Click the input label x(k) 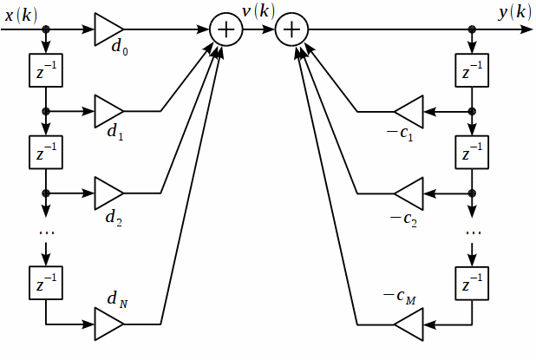(x=21, y=14)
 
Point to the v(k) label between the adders (x=258, y=11)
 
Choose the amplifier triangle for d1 (x=108, y=111)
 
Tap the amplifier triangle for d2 (x=108, y=193)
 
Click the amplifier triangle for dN (x=108, y=324)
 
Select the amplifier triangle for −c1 (x=409, y=111)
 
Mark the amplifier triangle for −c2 (x=409, y=193)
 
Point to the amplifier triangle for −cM (x=409, y=324)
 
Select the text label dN (x=117, y=299)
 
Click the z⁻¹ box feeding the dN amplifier (x=45, y=284)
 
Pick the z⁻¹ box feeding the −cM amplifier (x=472, y=284)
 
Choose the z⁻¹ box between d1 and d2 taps (x=45, y=153)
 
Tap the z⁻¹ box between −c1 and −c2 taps (x=472, y=153)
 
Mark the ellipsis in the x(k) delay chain (x=45, y=232)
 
